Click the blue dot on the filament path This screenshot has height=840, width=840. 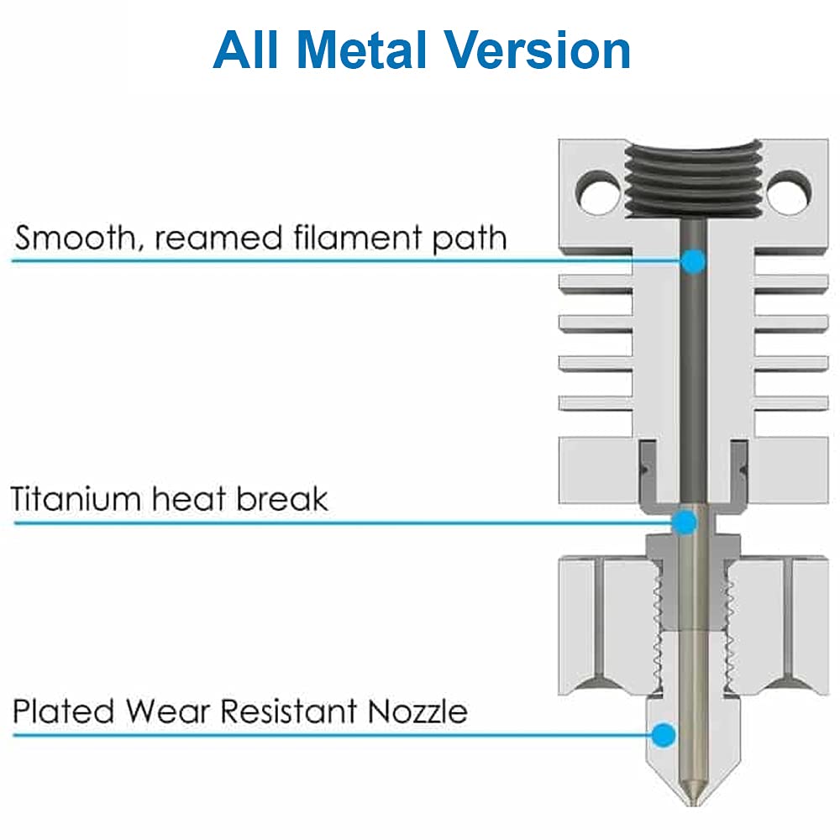(693, 261)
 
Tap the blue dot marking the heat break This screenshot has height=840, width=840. (685, 522)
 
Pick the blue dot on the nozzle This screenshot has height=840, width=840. (664, 734)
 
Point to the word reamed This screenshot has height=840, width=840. (218, 239)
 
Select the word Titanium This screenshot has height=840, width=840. (76, 499)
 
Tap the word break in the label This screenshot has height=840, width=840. (281, 499)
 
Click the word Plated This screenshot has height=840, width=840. (63, 711)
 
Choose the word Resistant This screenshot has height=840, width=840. (289, 711)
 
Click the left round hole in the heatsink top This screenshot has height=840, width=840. (599, 192)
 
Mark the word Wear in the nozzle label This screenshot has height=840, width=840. (167, 711)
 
